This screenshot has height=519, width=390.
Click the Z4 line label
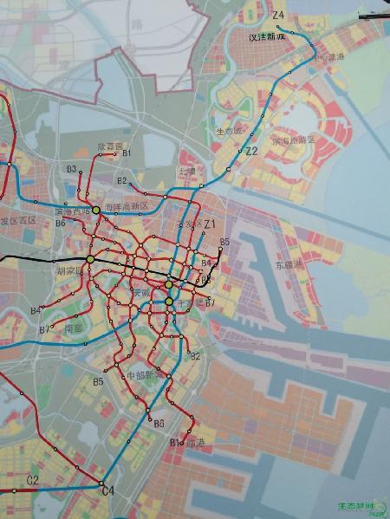(x=277, y=16)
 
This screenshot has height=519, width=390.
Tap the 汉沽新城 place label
(x=267, y=37)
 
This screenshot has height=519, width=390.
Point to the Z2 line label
(x=252, y=151)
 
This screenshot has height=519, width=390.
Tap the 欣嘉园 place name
(x=111, y=146)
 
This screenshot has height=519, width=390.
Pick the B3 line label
(x=71, y=168)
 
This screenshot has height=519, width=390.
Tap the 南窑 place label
(x=75, y=328)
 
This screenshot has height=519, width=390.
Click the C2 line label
(x=33, y=480)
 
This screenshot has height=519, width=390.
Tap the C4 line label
(x=107, y=491)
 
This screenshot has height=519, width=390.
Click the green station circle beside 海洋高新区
(x=96, y=210)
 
